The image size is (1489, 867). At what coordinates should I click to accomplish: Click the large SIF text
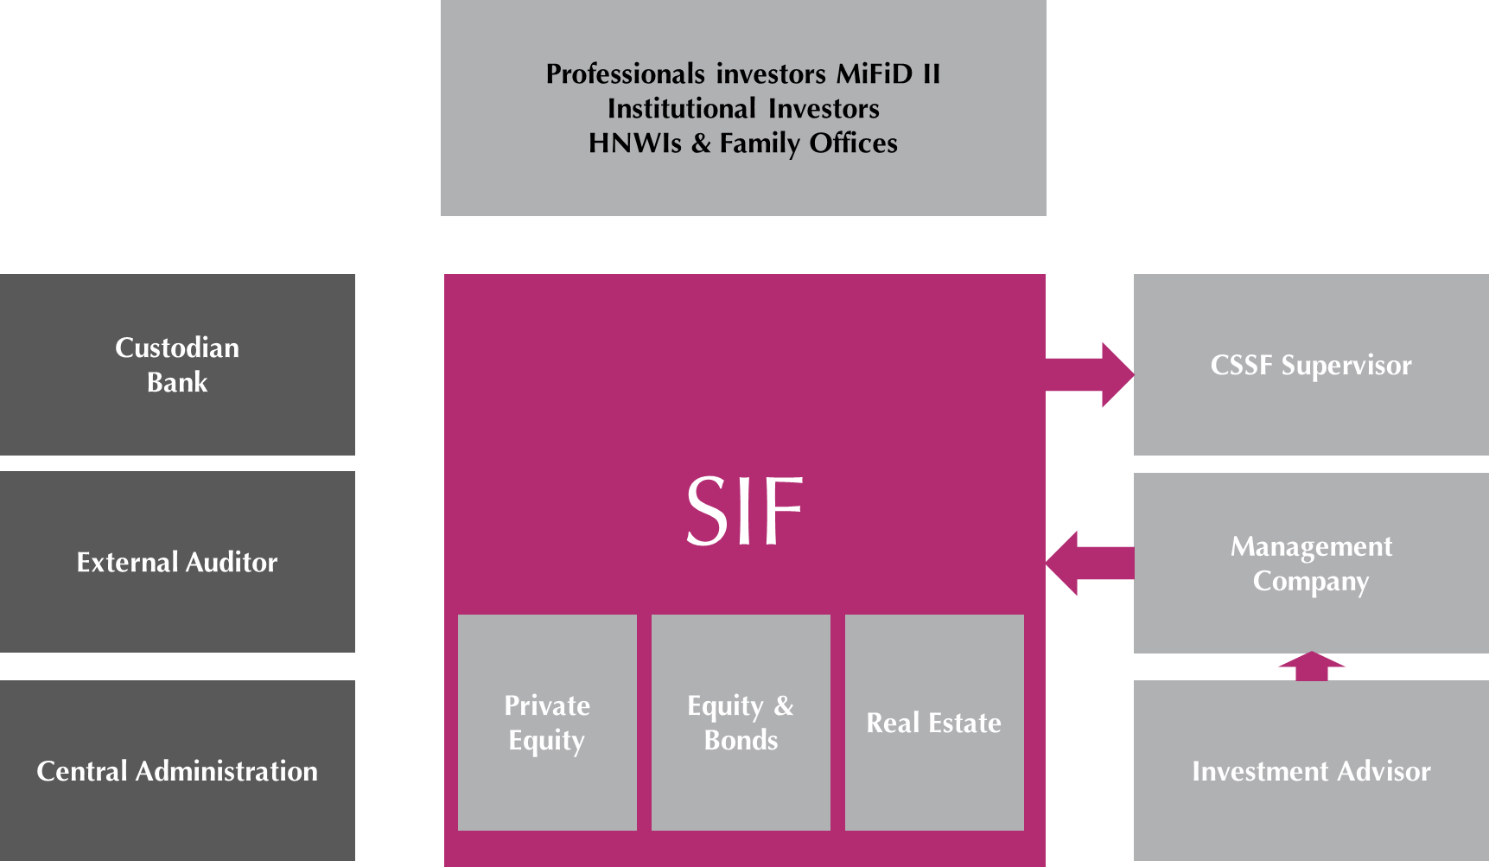pyautogui.click(x=744, y=512)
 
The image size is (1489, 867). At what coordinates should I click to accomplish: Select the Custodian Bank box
pyautogui.click(x=177, y=365)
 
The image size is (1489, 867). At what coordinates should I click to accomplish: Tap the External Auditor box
pyautogui.click(x=177, y=562)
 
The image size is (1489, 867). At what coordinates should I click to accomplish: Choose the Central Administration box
pyautogui.click(x=177, y=770)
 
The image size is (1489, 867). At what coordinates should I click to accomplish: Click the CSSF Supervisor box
pyautogui.click(x=1311, y=365)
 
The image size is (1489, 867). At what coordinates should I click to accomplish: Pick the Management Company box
pyautogui.click(x=1311, y=563)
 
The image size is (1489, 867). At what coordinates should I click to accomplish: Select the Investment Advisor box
pyautogui.click(x=1311, y=770)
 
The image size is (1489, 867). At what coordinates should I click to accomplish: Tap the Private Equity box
pyautogui.click(x=547, y=723)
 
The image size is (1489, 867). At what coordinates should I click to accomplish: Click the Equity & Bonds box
pyautogui.click(x=741, y=723)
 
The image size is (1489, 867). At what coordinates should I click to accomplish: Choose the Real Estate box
pyautogui.click(x=934, y=723)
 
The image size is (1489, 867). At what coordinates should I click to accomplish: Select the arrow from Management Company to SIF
pyautogui.click(x=1089, y=563)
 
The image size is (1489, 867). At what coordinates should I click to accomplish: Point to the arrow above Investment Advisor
pyautogui.click(x=1311, y=666)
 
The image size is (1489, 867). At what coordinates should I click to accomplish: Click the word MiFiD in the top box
pyautogui.click(x=875, y=74)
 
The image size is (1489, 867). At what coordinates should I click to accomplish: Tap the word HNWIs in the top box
pyautogui.click(x=635, y=143)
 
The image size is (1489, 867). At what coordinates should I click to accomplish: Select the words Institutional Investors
pyautogui.click(x=743, y=109)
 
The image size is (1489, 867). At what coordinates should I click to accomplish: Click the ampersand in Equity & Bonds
pyautogui.click(x=784, y=705)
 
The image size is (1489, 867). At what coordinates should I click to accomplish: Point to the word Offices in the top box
pyautogui.click(x=854, y=143)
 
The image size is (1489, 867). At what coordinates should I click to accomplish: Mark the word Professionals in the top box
pyautogui.click(x=626, y=74)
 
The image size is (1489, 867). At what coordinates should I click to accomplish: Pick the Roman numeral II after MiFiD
pyautogui.click(x=932, y=74)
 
